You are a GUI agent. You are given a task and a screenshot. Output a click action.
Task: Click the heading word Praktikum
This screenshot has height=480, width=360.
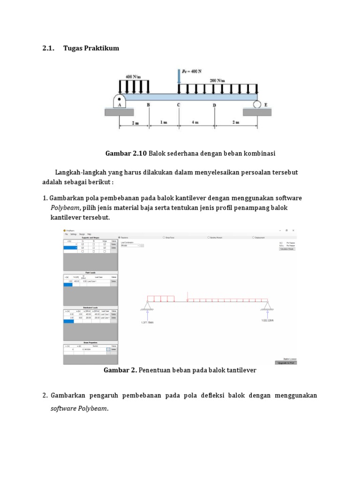point(102,48)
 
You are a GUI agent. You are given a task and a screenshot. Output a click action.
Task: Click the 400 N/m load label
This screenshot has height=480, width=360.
point(133,76)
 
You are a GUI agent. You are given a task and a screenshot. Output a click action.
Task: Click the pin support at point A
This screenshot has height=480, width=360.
point(120,101)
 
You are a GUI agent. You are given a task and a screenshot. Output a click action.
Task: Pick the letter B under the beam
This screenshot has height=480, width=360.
point(149,105)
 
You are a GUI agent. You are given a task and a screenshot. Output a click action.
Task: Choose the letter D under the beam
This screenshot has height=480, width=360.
point(215,105)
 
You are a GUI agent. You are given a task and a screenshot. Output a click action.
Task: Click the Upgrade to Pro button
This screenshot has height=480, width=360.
point(285,362)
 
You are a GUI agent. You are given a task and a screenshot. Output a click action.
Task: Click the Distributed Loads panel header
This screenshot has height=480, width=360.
point(90,307)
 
